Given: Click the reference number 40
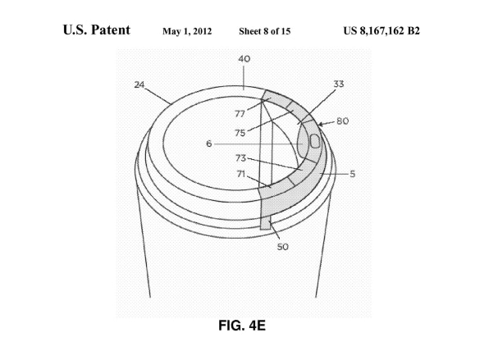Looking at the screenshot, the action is click(244, 59).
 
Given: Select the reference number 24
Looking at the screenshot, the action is click(139, 84).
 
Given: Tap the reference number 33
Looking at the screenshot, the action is click(339, 84).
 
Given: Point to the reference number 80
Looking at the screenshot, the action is click(342, 121).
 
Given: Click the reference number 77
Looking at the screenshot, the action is click(240, 114).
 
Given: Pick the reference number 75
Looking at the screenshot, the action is click(240, 133).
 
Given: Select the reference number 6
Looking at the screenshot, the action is click(209, 144).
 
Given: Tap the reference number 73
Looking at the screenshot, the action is click(240, 158).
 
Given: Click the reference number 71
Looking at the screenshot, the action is click(241, 174).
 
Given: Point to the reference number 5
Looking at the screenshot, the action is click(353, 174).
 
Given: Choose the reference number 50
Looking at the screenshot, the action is click(283, 247).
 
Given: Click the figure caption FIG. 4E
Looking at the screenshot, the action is click(242, 326).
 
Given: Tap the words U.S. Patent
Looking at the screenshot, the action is click(97, 30).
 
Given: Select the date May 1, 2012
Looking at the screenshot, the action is click(187, 31).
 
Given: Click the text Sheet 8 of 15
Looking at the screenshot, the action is click(265, 31).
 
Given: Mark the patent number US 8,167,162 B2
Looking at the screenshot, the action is click(382, 31).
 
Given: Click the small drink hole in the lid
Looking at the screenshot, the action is click(315, 141).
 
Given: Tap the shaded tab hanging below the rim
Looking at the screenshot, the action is click(265, 224).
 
